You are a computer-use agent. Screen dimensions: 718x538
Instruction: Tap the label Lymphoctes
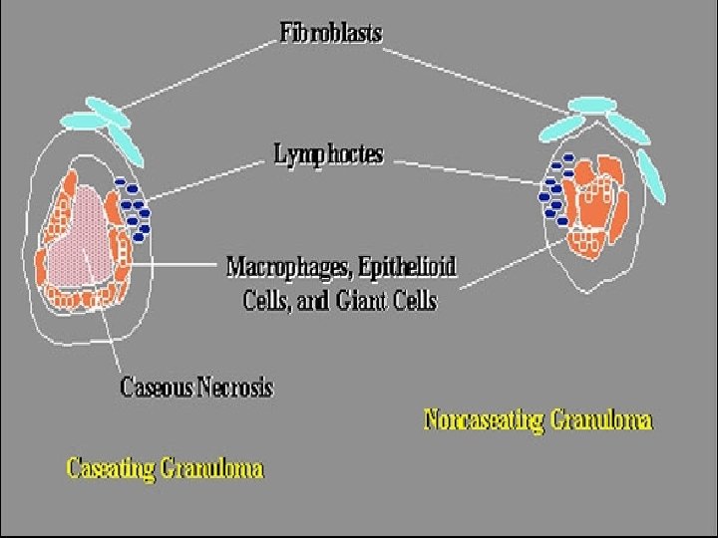(328, 154)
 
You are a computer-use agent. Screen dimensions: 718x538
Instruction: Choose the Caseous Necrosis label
(196, 387)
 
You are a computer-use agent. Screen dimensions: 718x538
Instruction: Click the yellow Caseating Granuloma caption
(165, 467)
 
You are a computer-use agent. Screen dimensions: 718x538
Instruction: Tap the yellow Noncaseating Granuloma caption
(538, 419)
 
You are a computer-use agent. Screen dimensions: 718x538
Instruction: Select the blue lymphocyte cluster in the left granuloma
(134, 210)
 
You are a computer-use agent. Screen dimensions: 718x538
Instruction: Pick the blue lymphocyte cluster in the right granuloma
(552, 190)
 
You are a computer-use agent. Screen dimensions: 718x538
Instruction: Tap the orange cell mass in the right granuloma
(593, 199)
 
